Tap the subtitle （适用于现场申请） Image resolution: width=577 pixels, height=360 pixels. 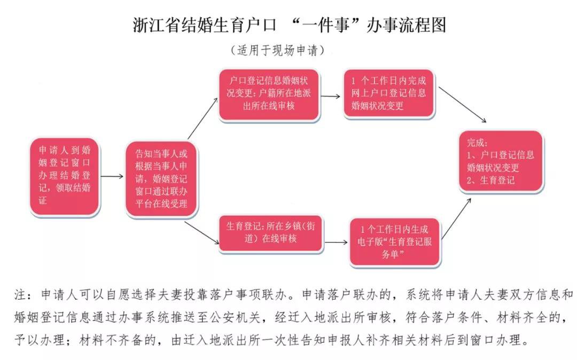coord(277,51)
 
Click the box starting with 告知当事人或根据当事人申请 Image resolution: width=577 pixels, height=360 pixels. coord(160,178)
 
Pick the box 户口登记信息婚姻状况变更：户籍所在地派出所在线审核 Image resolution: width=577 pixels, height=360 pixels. coord(269,94)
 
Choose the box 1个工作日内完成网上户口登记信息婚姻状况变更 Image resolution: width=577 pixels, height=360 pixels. coord(390,94)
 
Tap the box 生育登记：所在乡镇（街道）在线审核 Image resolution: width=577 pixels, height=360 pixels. coord(270,233)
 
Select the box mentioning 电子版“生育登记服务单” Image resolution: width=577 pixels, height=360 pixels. coord(395,241)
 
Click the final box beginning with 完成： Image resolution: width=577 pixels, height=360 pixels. coord(501,161)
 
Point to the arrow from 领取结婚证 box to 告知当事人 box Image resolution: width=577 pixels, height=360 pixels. coord(112,176)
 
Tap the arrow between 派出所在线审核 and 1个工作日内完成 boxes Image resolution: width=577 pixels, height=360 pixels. coord(331,97)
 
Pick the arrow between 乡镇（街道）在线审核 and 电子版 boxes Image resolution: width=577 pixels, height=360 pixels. coord(336,242)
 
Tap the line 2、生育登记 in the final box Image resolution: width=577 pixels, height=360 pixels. coord(491,180)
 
